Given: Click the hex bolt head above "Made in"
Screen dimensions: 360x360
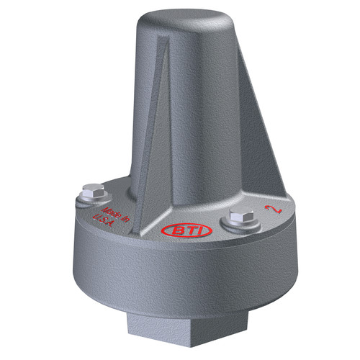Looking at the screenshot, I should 93,190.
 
